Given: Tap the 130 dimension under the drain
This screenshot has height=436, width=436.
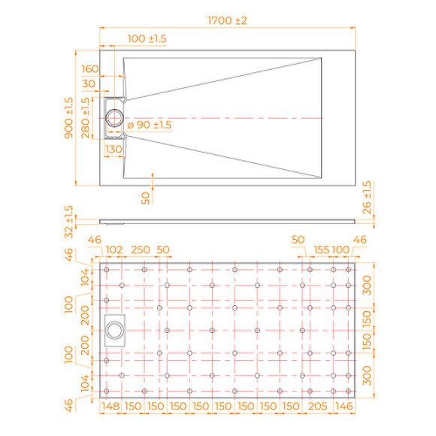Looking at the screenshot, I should pyautogui.click(x=114, y=150).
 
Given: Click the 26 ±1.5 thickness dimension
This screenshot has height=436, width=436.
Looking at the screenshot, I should pyautogui.click(x=366, y=196).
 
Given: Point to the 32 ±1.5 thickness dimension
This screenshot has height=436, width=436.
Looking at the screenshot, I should pyautogui.click(x=68, y=220).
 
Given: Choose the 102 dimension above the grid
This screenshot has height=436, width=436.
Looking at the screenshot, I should pyautogui.click(x=115, y=250).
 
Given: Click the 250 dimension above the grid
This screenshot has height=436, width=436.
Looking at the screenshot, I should pyautogui.click(x=141, y=250).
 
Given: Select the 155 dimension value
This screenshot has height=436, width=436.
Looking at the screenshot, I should pyautogui.click(x=322, y=250).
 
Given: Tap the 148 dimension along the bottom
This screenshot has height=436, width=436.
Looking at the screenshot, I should pyautogui.click(x=111, y=406).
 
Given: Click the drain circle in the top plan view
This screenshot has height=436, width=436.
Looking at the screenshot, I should pyautogui.click(x=117, y=118).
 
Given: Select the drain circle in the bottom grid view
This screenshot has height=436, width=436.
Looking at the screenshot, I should pyautogui.click(x=114, y=330).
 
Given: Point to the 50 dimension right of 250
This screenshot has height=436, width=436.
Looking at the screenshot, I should pyautogui.click(x=163, y=250).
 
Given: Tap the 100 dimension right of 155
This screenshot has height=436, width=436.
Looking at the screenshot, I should pyautogui.click(x=341, y=250).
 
